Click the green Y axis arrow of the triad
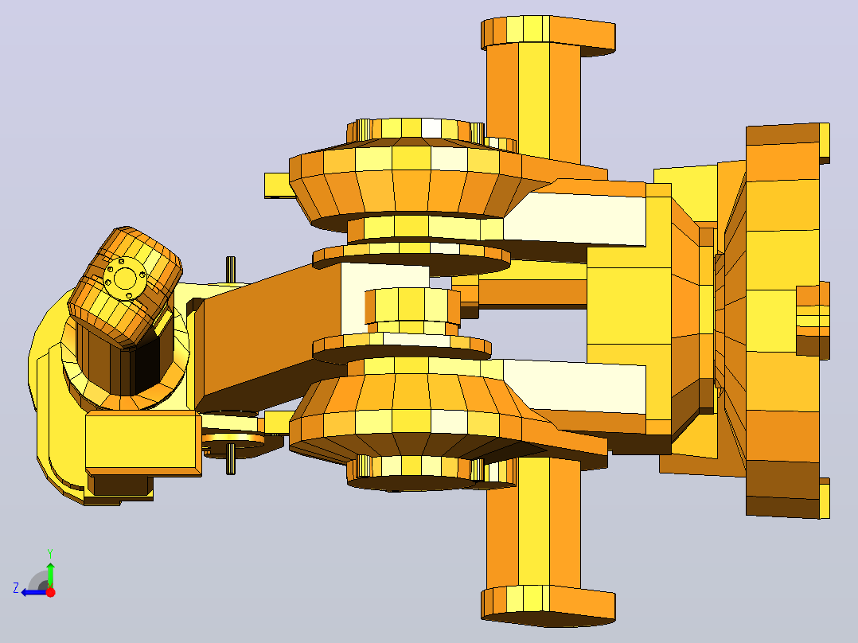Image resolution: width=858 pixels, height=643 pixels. (x=50, y=575)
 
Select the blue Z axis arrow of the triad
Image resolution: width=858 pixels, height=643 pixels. (x=34, y=592)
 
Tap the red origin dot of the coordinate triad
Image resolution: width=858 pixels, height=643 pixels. (x=50, y=592)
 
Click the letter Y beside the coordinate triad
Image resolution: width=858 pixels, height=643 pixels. (x=50, y=553)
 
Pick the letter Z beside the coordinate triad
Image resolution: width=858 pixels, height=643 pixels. (x=16, y=588)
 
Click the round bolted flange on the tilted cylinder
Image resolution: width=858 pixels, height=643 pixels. (x=125, y=278)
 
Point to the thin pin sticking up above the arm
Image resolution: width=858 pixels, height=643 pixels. (x=231, y=269)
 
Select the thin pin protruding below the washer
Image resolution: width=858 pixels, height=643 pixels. (x=231, y=458)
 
